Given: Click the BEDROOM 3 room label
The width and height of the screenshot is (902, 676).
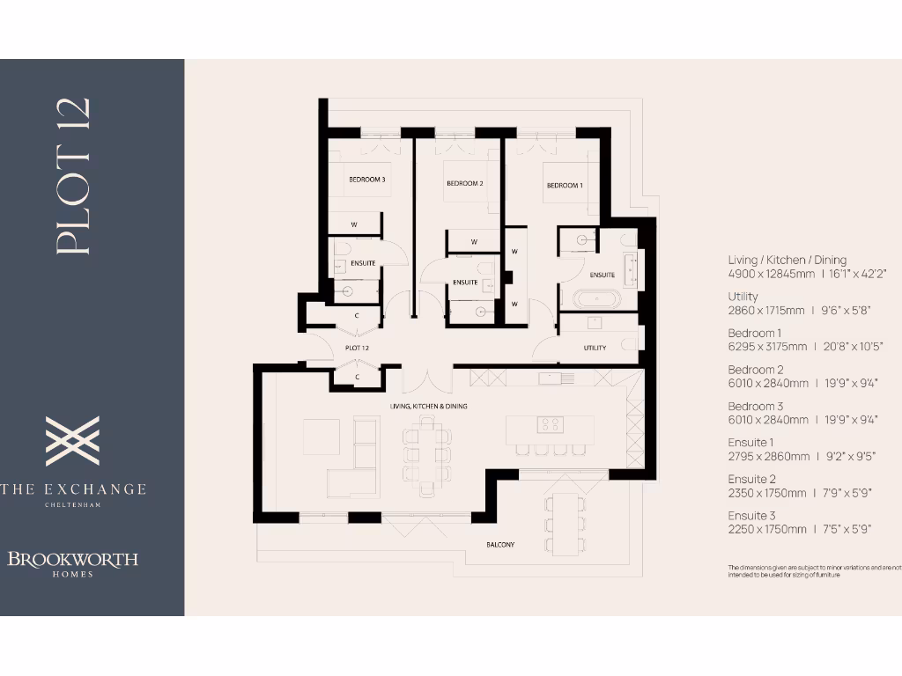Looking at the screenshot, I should tap(367, 180).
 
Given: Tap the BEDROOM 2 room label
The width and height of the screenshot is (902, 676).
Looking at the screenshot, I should tap(465, 184).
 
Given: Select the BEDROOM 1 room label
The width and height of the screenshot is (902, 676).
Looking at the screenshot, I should tap(565, 186).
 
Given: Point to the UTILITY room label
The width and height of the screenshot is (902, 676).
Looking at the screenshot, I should tap(595, 349).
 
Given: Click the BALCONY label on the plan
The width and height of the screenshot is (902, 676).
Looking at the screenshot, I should tap(500, 545).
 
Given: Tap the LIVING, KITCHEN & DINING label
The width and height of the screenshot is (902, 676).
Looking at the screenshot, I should tap(428, 407).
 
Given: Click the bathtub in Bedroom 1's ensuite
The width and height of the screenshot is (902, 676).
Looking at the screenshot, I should tap(596, 298).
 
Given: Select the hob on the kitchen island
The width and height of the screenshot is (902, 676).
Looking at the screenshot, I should tap(551, 424).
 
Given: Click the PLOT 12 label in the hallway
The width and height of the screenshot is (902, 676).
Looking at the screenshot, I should tap(356, 349).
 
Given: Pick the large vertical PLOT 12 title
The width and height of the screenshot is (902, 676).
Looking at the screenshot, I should tap(74, 176).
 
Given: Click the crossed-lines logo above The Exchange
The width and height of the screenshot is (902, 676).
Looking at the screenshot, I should tap(72, 441).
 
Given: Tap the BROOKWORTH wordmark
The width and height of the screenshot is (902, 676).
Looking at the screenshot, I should tap(73, 559).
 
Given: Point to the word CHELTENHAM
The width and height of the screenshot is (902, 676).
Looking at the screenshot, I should tap(73, 505).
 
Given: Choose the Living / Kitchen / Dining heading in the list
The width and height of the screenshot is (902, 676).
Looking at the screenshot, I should tap(787, 260).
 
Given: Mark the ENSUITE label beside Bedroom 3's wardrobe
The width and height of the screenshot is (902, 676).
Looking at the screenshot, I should tap(363, 263).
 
